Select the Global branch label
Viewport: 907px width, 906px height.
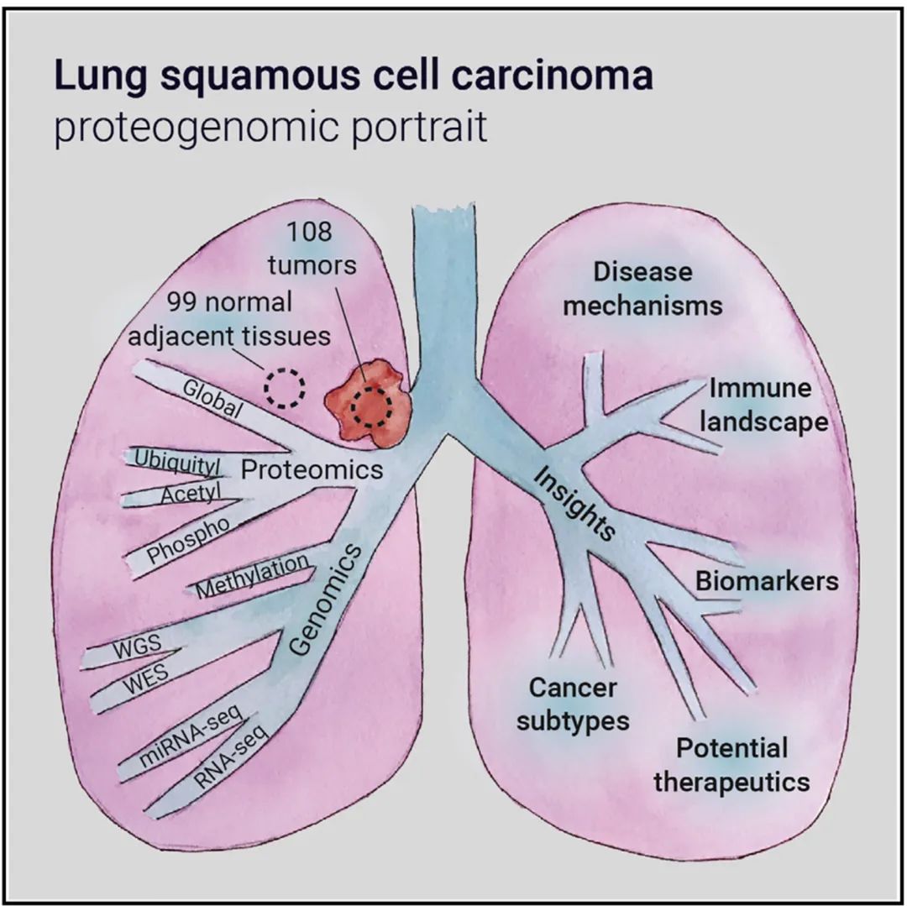(x=212, y=399)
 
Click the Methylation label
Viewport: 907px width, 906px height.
(x=253, y=574)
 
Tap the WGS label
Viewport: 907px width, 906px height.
(x=137, y=647)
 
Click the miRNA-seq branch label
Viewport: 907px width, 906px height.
(x=190, y=737)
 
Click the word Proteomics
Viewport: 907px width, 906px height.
(x=312, y=469)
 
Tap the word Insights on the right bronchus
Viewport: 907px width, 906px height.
(x=574, y=503)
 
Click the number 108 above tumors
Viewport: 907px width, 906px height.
(x=309, y=232)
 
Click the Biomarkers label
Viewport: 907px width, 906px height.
(x=767, y=581)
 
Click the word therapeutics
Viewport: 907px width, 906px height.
(x=731, y=782)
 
